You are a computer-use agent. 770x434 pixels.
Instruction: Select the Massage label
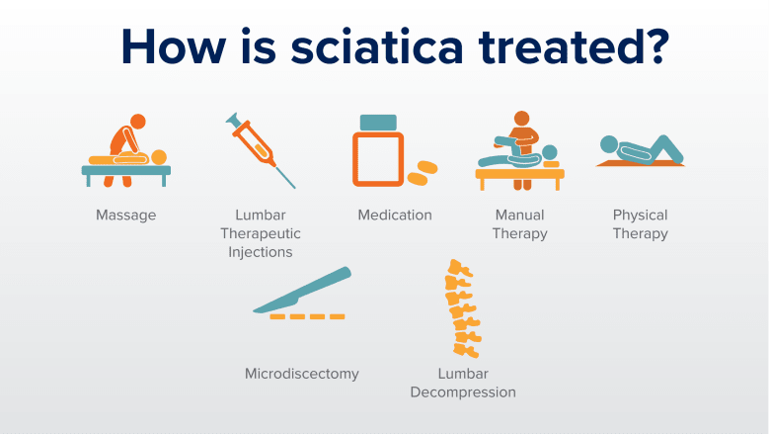125,215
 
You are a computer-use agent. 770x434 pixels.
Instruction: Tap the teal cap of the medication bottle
377,122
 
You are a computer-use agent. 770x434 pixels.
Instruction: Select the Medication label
395,215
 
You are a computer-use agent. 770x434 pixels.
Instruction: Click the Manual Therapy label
520,224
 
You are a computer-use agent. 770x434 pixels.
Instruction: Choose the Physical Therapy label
640,224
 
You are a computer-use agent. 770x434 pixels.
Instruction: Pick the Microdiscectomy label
302,374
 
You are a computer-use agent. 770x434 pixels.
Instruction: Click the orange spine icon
461,308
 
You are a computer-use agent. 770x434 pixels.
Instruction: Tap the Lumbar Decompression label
463,383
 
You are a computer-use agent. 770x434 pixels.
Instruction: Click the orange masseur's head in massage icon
138,122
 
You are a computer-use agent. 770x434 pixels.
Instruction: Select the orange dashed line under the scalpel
307,316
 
